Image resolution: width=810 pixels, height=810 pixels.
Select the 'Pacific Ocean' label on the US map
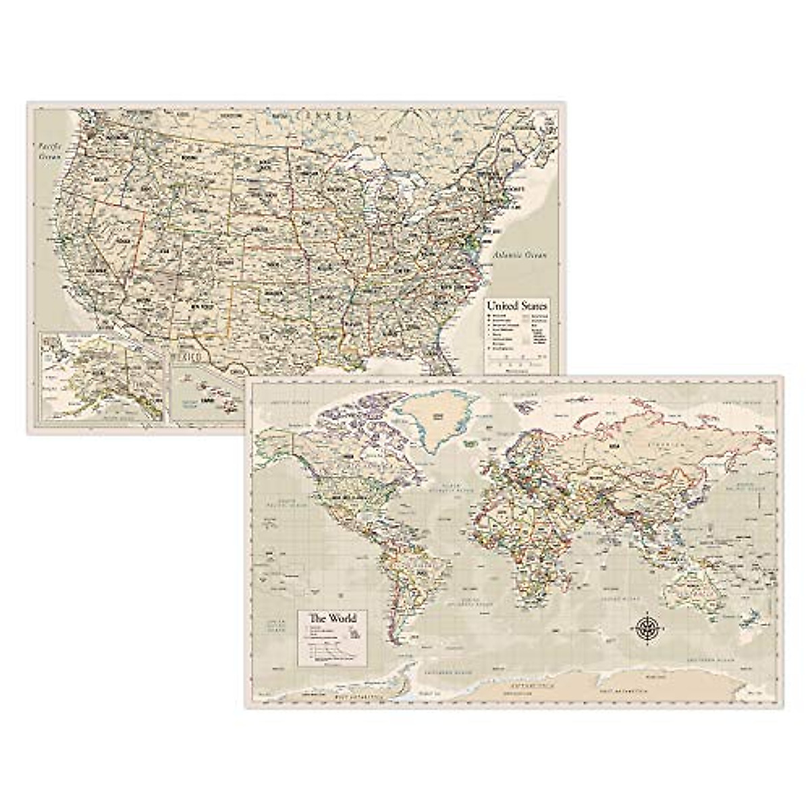(x=49, y=150)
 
